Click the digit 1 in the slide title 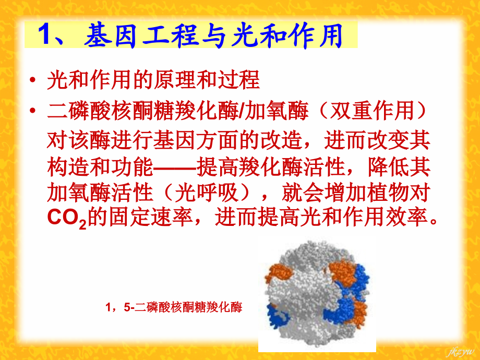click(44, 37)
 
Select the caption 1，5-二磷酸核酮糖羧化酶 click(174, 307)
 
